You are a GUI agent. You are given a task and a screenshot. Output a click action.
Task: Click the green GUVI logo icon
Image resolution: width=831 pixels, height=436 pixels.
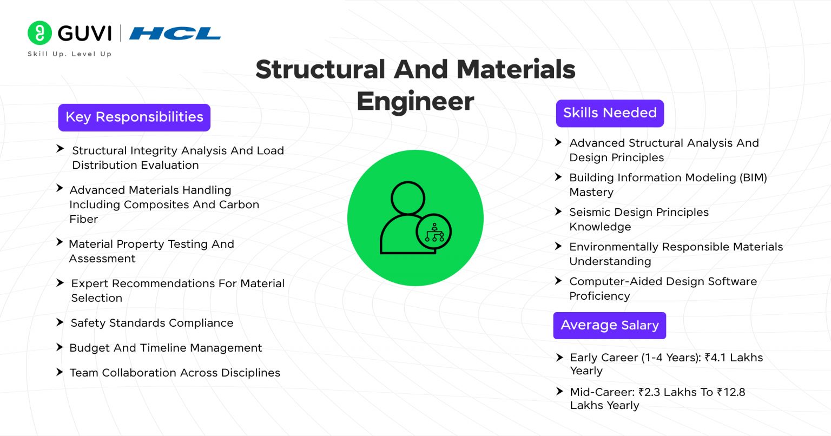pyautogui.click(x=39, y=33)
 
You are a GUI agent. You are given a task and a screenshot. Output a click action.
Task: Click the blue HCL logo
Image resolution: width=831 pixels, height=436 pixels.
pyautogui.click(x=175, y=34)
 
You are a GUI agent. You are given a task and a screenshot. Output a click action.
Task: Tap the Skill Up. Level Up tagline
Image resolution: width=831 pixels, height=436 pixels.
pyautogui.click(x=69, y=54)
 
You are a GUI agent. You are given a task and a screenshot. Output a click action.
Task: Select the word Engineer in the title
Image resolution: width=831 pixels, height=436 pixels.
pyautogui.click(x=415, y=102)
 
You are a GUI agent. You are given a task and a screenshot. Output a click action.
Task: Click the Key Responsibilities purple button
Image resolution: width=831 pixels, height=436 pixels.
pyautogui.click(x=134, y=117)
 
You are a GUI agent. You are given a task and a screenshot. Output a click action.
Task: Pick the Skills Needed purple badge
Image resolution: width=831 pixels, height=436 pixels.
pyautogui.click(x=610, y=113)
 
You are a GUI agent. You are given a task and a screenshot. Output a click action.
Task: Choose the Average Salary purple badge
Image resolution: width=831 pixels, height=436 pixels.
pyautogui.click(x=609, y=326)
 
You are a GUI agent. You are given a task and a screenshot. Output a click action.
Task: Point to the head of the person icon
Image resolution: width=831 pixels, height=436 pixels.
pyautogui.click(x=408, y=198)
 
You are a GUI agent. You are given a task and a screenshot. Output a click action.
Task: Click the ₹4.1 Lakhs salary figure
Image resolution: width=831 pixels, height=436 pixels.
pyautogui.click(x=734, y=358)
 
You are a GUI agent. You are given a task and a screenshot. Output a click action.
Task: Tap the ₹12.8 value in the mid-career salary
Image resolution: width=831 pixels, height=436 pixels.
pyautogui.click(x=731, y=392)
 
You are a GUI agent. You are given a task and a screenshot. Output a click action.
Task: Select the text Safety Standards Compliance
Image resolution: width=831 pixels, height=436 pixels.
pyautogui.click(x=152, y=323)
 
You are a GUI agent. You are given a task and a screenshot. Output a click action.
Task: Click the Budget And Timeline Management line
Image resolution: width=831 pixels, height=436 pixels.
pyautogui.click(x=166, y=348)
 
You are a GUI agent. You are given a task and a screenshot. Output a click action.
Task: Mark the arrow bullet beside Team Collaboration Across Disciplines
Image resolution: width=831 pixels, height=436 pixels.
pyautogui.click(x=60, y=372)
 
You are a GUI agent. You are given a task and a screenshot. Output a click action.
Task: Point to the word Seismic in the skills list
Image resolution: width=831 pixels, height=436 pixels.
pyautogui.click(x=590, y=212)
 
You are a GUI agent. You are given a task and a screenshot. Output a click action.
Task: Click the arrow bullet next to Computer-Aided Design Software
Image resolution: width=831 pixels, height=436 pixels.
pyautogui.click(x=558, y=281)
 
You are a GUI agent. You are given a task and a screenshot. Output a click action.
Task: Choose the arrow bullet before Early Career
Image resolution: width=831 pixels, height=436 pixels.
pyautogui.click(x=559, y=357)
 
